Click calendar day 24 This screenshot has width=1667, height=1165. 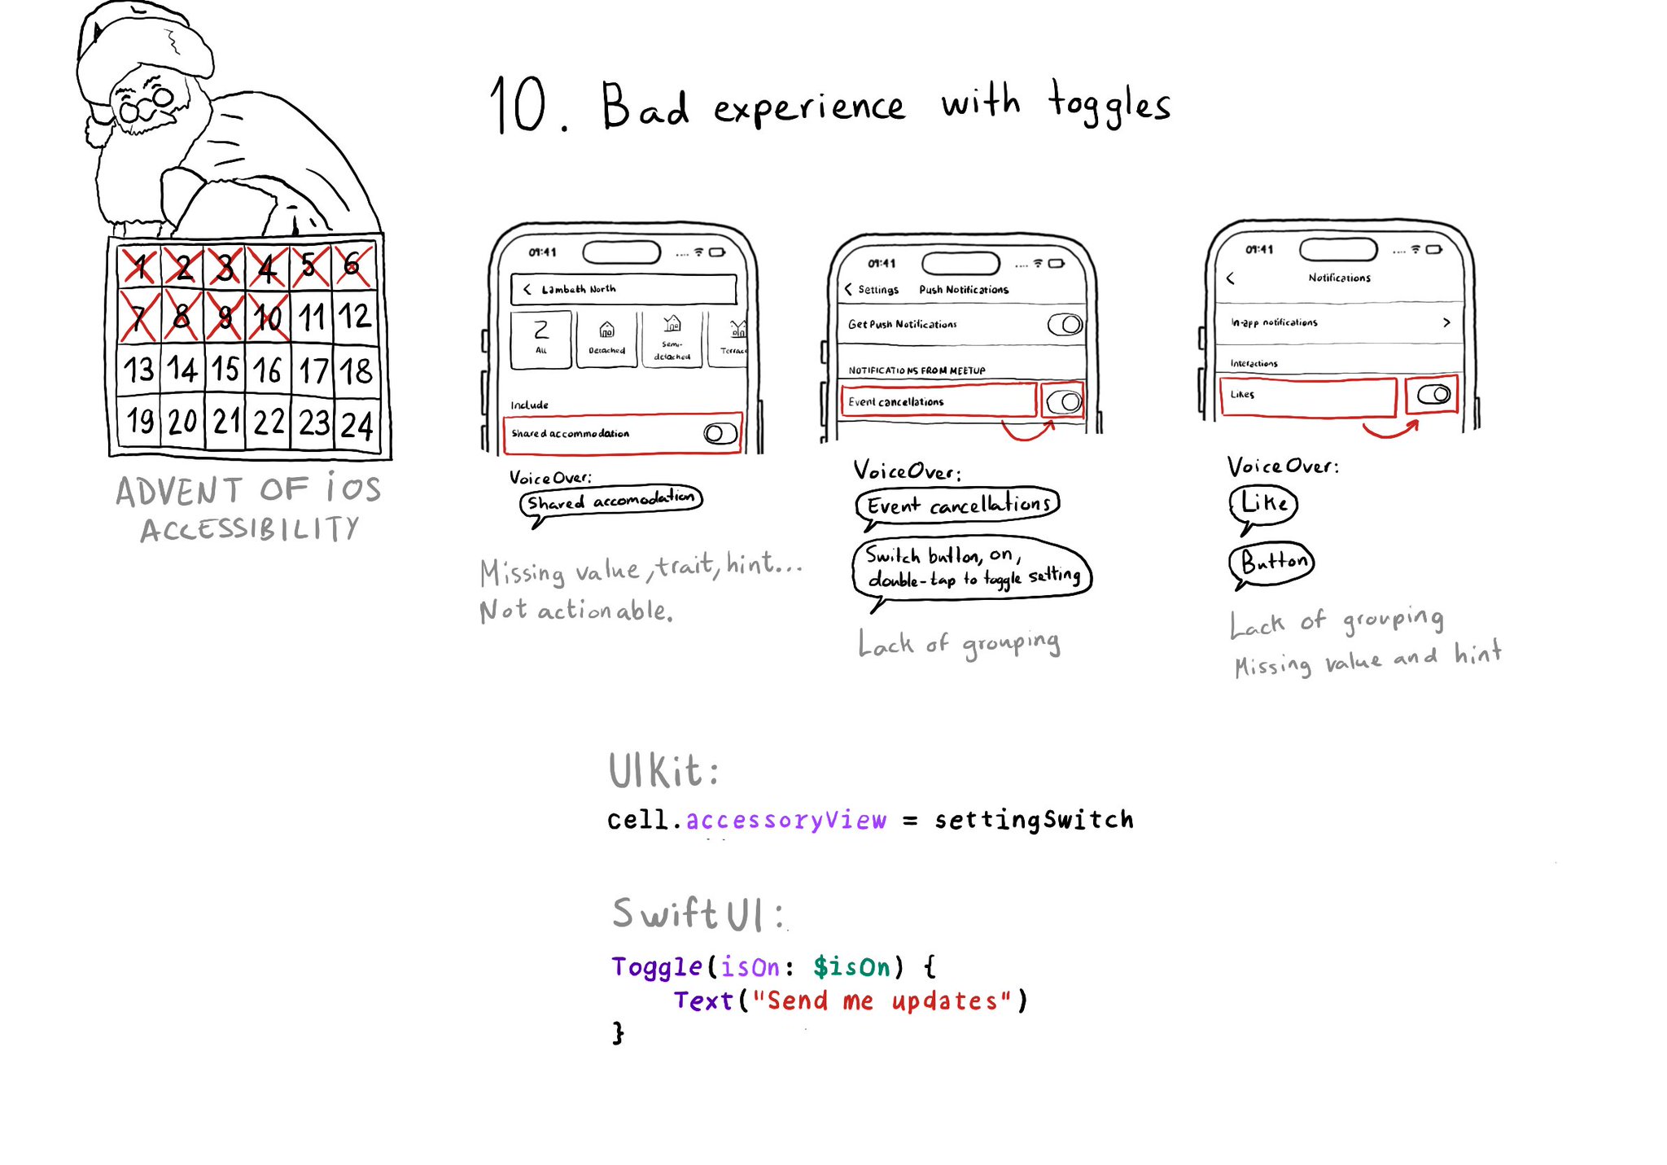[x=357, y=425]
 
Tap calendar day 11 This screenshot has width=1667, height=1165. [x=312, y=318]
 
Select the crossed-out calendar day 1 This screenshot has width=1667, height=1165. [x=140, y=266]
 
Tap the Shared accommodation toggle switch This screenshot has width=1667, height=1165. [x=720, y=433]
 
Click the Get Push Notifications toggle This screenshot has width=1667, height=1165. [x=1065, y=325]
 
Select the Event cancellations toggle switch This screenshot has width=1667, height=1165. [x=1063, y=401]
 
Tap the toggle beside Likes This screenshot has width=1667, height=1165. [x=1433, y=395]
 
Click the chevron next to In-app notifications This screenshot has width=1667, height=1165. [x=1446, y=322]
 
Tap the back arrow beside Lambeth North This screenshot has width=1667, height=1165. [x=527, y=289]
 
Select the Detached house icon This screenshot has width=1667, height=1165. [x=606, y=330]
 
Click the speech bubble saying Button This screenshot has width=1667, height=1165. [x=1272, y=562]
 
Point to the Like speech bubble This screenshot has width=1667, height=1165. [x=1263, y=503]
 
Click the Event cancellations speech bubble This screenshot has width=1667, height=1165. [x=957, y=505]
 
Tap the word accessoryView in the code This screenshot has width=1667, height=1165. [x=785, y=820]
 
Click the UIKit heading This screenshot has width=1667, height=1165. [x=663, y=771]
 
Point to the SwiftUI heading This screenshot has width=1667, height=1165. [x=698, y=913]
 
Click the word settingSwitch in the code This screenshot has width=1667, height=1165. [x=1034, y=820]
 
